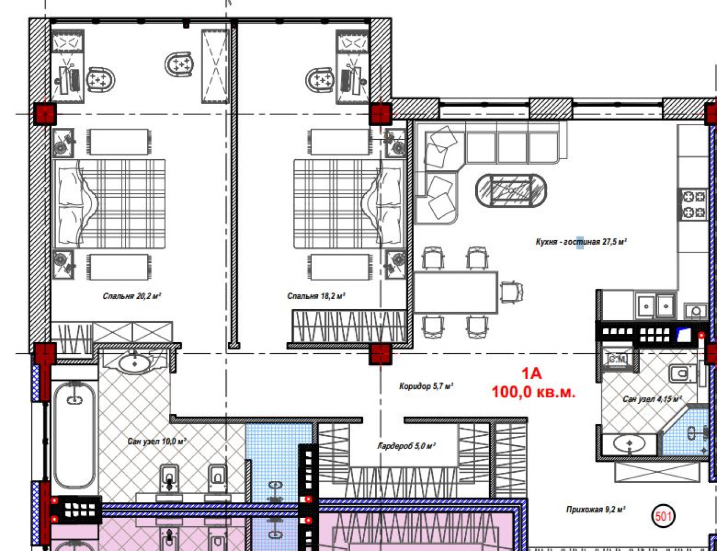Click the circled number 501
coord(663,516)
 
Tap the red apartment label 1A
coord(531,374)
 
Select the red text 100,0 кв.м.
coord(533,392)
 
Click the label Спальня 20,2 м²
coord(132,296)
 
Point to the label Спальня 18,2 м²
coord(316,296)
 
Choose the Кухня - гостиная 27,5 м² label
coord(581,242)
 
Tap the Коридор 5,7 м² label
coord(426,386)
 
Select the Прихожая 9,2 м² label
coord(596,510)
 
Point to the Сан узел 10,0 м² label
coord(157,441)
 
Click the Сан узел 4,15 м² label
coord(652,399)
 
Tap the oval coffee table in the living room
coord(511,191)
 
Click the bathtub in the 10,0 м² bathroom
coord(75,435)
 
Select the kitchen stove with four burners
coord(693,204)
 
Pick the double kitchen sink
coord(656,306)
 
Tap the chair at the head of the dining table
coord(512,292)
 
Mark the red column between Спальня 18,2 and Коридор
coord(380,354)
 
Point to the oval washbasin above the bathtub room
coord(134,364)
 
